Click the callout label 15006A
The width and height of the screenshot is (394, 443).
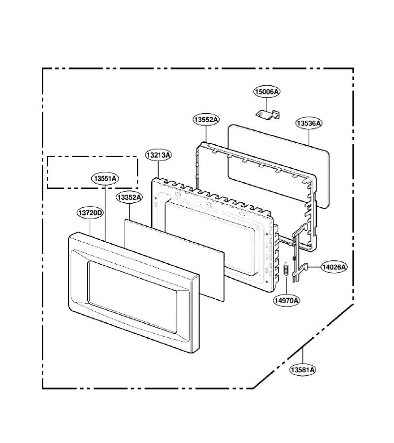[x=266, y=92]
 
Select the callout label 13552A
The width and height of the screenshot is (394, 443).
[x=206, y=120]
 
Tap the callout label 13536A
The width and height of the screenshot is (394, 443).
[x=309, y=123]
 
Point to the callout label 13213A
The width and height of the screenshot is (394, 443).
[x=158, y=155]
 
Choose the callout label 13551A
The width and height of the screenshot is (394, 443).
[x=105, y=179]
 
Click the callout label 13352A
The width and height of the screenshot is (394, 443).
[x=129, y=197]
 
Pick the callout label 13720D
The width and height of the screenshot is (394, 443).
[x=90, y=213]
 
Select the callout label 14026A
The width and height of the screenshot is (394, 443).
[x=334, y=267]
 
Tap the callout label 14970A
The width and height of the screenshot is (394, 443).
[x=286, y=300]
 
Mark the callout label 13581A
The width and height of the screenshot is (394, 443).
[x=303, y=370]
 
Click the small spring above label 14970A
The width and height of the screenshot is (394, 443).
[x=286, y=270]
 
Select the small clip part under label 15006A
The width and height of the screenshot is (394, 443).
[x=267, y=114]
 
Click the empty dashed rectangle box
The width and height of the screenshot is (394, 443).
[x=93, y=157]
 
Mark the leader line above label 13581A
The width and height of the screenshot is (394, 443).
[x=303, y=356]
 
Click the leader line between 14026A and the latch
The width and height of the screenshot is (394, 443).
[x=315, y=267]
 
